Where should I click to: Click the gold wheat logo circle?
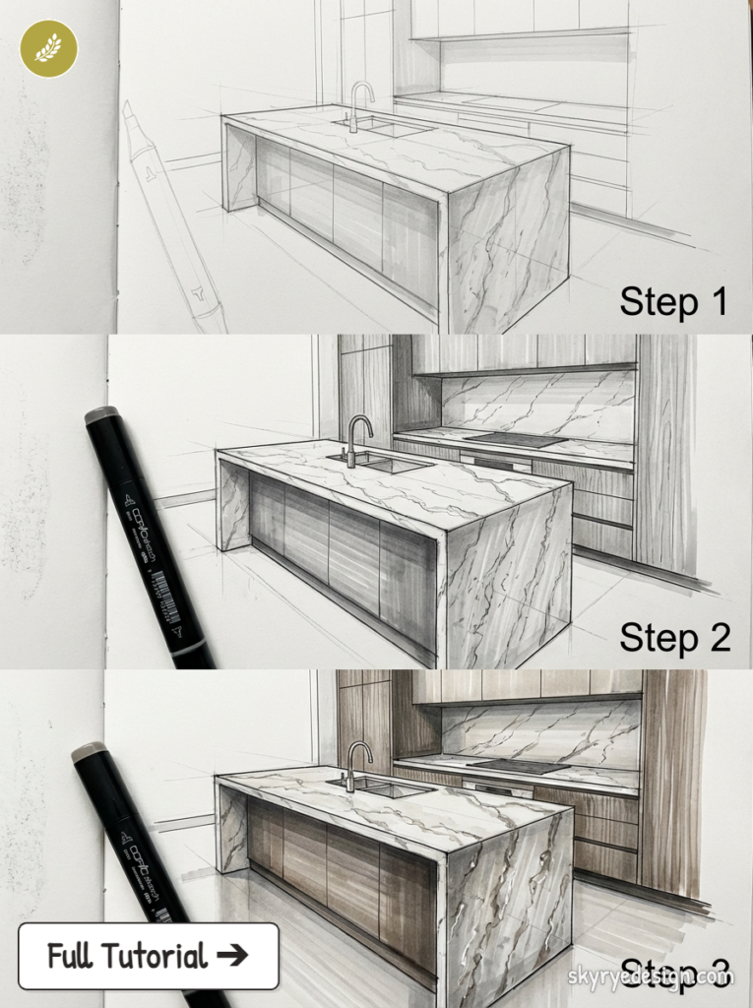click(x=48, y=48)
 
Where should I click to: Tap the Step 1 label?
click(x=673, y=301)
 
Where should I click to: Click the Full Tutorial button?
click(x=148, y=955)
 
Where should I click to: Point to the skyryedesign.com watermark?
click(x=651, y=977)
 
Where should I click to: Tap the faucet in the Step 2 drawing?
click(x=356, y=438)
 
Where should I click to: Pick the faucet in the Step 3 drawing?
click(x=356, y=764)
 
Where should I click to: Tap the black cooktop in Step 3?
click(x=517, y=765)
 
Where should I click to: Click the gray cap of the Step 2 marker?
click(x=101, y=415)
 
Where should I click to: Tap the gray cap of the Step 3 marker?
click(x=89, y=753)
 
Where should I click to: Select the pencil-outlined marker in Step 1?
click(x=172, y=217)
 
